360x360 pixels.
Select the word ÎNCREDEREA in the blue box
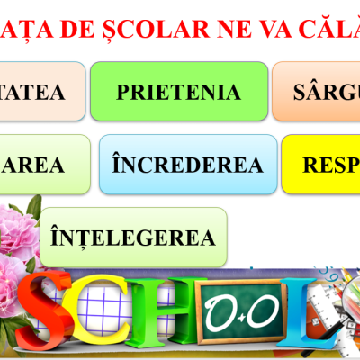coord(187,165)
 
